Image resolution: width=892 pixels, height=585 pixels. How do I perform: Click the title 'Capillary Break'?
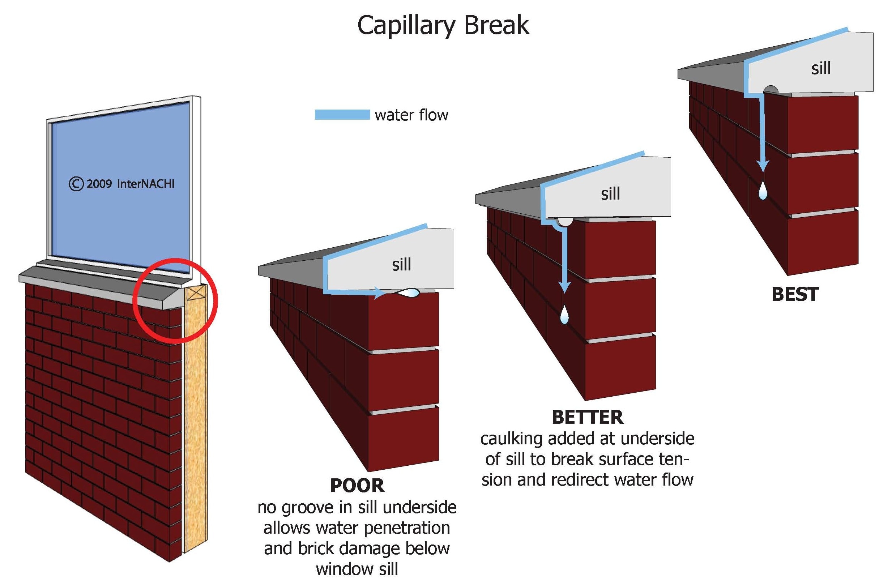pos(443,25)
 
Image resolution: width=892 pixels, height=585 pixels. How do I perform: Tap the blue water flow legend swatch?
pos(342,115)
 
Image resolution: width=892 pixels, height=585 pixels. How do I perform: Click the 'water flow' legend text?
pos(411,115)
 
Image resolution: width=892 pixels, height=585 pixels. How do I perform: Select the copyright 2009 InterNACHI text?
pos(122,184)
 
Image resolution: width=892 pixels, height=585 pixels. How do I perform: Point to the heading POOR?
pos(357,486)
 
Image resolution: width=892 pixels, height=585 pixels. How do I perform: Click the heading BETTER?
pos(587,418)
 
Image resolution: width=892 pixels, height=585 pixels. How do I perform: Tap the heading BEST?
pos(795,295)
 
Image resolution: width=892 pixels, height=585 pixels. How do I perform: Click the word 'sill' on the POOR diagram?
pos(401,265)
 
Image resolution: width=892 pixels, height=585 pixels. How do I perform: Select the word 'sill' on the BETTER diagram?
pos(610,194)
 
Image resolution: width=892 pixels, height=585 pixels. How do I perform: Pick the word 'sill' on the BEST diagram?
pos(821,68)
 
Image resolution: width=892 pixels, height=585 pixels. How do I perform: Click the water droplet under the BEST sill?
pos(763,190)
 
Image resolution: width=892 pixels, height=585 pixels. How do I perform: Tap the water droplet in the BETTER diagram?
pos(564,315)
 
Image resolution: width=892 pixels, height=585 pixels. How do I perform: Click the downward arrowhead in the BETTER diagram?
pos(564,286)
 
